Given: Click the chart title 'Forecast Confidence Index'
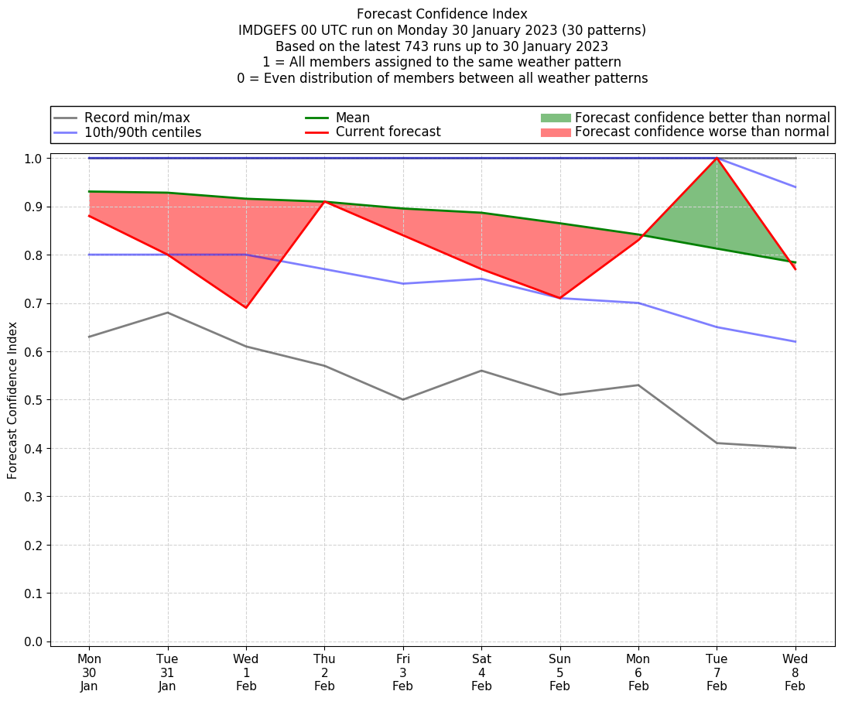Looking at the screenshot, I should click(x=442, y=14).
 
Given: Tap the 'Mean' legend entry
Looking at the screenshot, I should click(x=352, y=118).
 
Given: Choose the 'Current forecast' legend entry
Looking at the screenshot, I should click(x=388, y=132).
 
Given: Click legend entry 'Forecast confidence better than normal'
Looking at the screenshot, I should click(x=702, y=118).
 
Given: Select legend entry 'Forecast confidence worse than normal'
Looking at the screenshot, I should click(x=701, y=132).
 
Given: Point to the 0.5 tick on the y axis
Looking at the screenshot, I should click(x=34, y=400).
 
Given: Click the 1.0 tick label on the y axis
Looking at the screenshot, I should click(x=34, y=159).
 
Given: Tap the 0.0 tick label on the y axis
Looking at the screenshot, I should click(x=34, y=641).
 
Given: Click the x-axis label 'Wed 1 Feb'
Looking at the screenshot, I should click(x=246, y=672).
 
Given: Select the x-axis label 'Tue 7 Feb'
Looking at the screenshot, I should click(x=717, y=672).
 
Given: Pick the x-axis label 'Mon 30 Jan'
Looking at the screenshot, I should click(x=89, y=672).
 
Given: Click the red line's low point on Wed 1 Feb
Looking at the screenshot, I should click(x=246, y=308).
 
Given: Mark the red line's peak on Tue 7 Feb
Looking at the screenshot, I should click(x=717, y=158).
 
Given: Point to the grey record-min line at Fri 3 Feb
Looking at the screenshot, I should click(x=403, y=399).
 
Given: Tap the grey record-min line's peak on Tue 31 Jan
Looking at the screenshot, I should click(x=168, y=313).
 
